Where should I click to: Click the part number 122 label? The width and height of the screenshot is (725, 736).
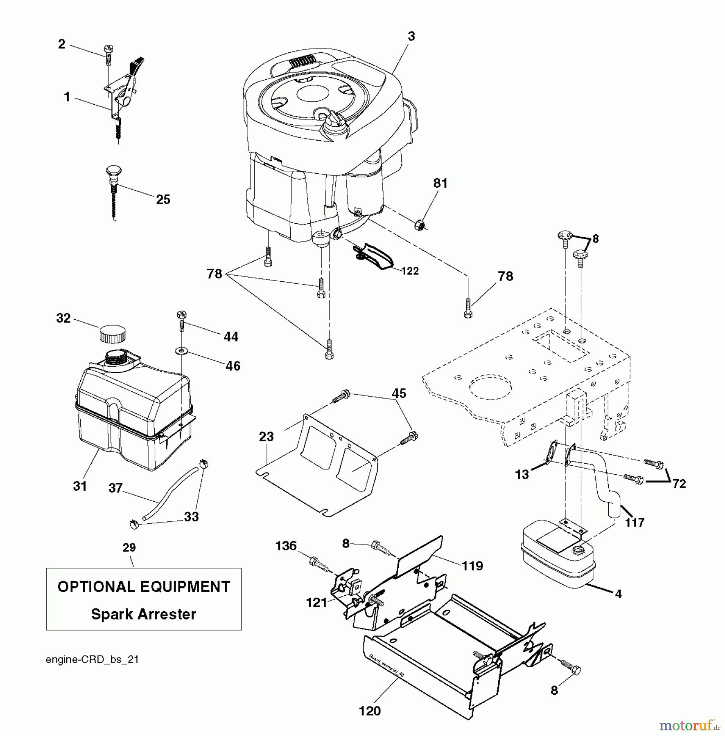410,272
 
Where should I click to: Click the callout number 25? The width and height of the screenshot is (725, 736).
163,200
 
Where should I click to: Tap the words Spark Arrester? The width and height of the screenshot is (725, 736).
143,614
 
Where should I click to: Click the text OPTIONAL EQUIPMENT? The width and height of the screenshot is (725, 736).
144,587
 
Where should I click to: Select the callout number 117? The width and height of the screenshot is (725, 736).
635,522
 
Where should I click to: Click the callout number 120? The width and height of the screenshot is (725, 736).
370,711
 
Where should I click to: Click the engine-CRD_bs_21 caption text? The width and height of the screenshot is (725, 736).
92,660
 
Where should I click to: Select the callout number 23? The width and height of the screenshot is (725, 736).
266,437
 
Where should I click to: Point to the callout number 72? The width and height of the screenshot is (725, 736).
679,484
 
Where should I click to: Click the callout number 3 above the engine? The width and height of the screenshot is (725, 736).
411,36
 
